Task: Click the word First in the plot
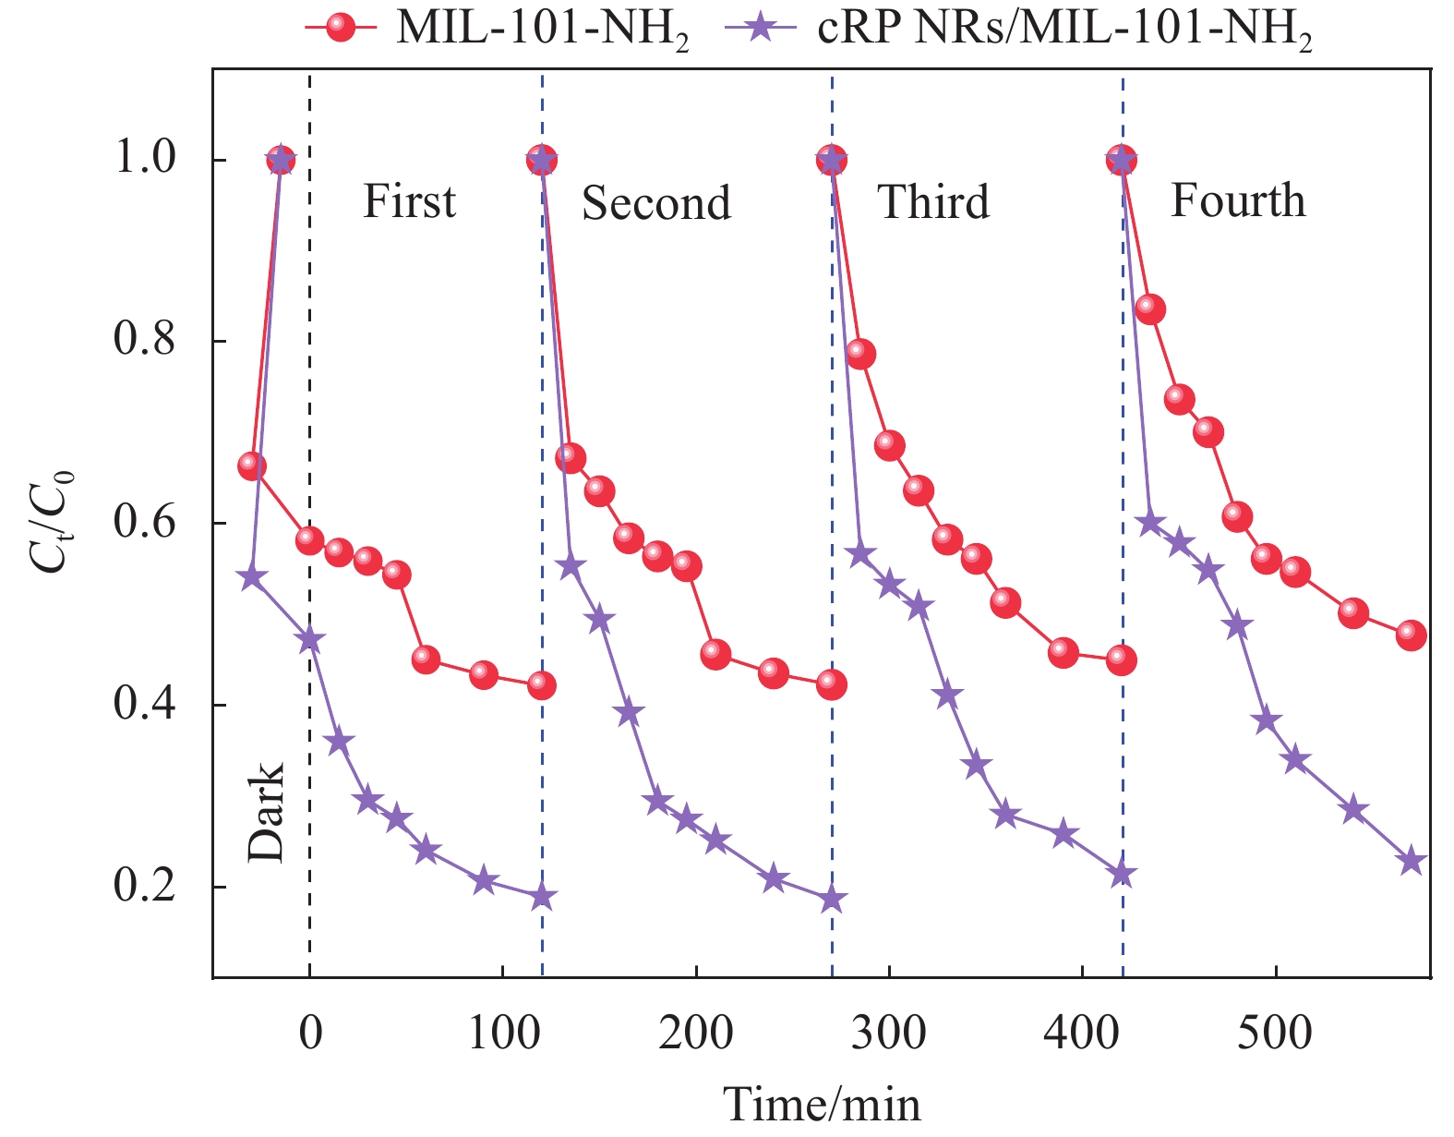409,201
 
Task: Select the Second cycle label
656,203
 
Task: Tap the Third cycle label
933,201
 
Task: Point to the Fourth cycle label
1238,200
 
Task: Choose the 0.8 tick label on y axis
144,340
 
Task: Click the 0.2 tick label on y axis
144,886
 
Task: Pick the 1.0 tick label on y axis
144,159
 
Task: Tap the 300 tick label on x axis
888,1032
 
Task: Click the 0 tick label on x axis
310,1032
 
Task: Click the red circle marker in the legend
342,28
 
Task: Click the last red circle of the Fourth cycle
1411,635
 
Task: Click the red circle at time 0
310,540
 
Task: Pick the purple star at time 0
310,640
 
